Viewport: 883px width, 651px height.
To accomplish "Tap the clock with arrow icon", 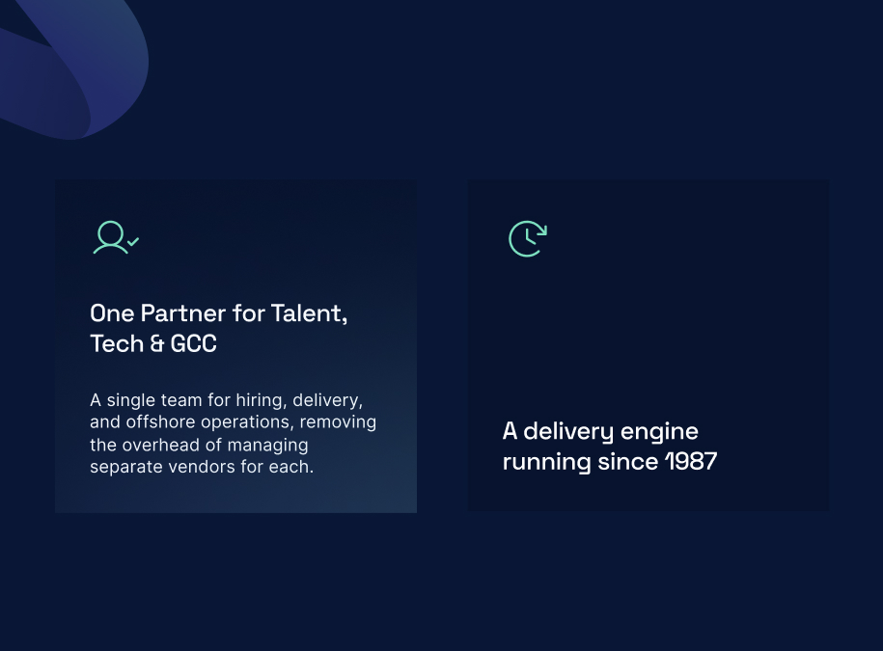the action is tap(528, 238).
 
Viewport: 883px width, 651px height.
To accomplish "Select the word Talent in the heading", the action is tap(308, 313).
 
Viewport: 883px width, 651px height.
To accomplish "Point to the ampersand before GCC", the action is tap(157, 343).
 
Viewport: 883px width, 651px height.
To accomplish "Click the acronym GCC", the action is tap(193, 343).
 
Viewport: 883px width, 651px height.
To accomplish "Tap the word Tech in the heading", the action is tap(117, 343).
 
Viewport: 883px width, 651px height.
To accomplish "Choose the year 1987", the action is tap(691, 461).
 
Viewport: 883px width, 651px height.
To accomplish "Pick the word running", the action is tap(547, 463).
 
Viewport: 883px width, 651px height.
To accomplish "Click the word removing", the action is tap(338, 422).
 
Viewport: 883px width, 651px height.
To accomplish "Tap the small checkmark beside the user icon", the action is tap(133, 241).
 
